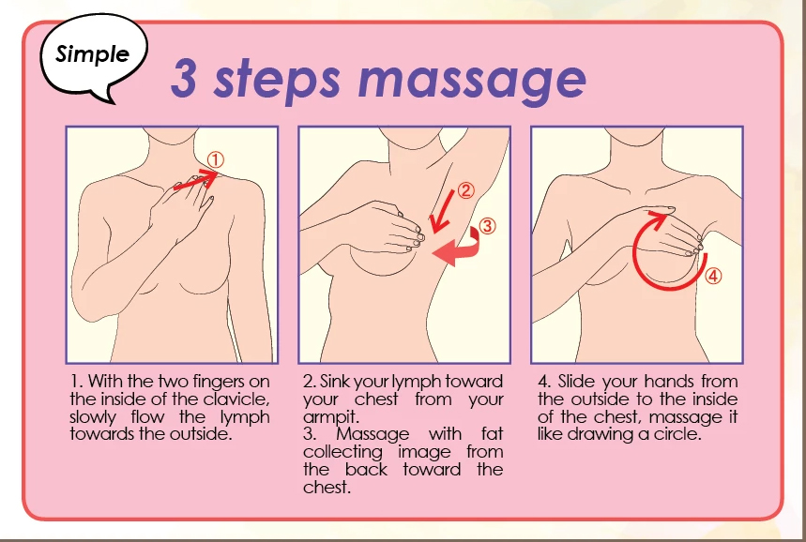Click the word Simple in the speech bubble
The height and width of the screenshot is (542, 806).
point(93,54)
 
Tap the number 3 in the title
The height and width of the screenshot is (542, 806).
point(184,79)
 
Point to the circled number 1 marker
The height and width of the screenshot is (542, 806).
point(216,159)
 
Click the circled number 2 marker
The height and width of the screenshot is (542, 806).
point(464,190)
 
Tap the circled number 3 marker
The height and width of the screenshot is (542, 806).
point(487,226)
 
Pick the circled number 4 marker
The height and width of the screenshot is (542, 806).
point(712,276)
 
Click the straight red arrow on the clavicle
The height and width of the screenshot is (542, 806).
point(196,180)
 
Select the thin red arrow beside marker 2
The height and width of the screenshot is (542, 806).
point(442,212)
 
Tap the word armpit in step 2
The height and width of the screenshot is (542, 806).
point(331,417)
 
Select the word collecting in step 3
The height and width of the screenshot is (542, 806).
point(342,453)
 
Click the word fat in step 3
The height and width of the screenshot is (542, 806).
point(492,434)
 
